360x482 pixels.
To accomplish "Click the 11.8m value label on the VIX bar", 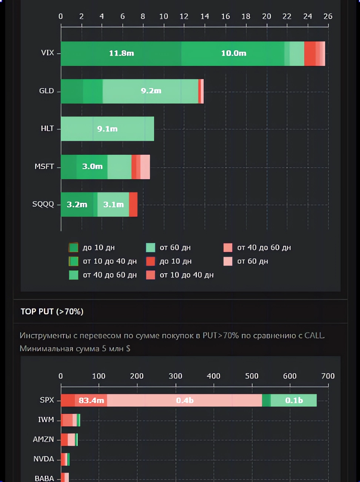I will tap(121, 53).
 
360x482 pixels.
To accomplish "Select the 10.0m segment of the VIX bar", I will tap(233, 53).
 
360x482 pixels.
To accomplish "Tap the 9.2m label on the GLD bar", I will tap(151, 91).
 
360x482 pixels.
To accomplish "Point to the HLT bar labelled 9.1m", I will tap(107, 129).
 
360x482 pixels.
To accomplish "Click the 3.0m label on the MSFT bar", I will tap(92, 167).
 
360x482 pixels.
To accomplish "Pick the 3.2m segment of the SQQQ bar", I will tap(77, 204).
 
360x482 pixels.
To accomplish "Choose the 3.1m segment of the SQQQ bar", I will tap(113, 204).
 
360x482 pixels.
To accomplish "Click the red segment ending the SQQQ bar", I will tap(133, 204).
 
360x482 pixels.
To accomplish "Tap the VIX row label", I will tap(47, 53).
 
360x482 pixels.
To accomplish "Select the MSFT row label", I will tap(44, 167).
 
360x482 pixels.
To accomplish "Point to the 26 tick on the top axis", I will tap(328, 16).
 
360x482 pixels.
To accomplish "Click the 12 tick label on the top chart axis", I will tap(184, 16).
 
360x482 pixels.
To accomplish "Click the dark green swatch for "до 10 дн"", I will tap(73, 247).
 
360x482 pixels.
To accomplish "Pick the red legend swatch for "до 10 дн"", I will tap(150, 261).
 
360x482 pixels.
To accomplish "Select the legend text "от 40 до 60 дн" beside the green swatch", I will tap(110, 275).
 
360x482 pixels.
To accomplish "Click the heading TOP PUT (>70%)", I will tap(52, 311).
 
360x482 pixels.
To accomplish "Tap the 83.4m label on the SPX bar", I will tap(91, 401).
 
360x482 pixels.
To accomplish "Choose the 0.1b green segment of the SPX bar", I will tap(294, 401).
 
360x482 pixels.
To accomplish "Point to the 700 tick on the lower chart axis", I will tap(328, 376).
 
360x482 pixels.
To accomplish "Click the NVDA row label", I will tap(44, 459).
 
